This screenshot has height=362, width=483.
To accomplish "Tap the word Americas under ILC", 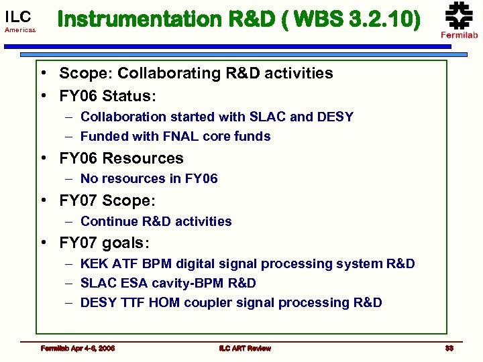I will tap(19, 31).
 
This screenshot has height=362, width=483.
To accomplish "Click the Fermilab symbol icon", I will tap(459, 15).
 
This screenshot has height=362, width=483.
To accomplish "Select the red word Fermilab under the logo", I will tap(459, 36).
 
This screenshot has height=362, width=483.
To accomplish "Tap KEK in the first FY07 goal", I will tap(94, 263).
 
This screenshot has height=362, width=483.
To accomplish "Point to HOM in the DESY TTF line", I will tap(164, 302).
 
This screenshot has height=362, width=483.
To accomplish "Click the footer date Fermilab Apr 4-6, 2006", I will tap(77, 348).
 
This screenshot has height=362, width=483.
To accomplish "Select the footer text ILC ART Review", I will tap(244, 348).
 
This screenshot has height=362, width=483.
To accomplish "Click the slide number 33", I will tap(449, 348).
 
